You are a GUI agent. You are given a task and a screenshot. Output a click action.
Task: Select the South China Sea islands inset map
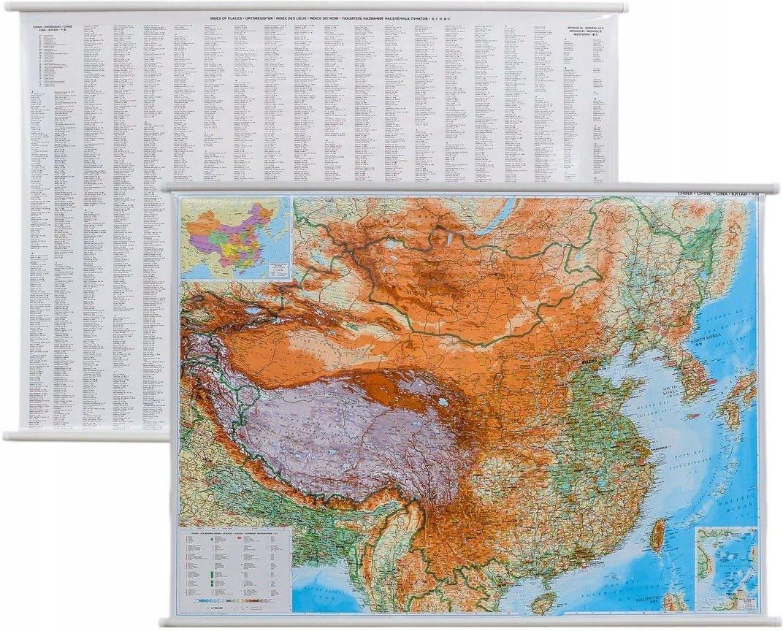tap(726, 568)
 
